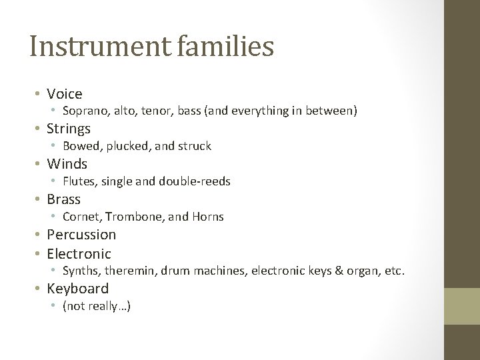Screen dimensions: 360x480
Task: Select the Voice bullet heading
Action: tap(65, 94)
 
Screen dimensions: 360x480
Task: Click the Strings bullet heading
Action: tap(69, 129)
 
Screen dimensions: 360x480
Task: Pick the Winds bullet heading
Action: tap(67, 164)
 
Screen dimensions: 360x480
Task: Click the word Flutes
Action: tap(78, 181)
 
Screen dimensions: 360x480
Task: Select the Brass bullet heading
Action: tap(63, 199)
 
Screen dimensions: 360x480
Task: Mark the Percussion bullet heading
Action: tap(81, 235)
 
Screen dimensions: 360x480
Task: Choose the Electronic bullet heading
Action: tap(79, 254)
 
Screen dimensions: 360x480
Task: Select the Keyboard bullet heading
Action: tap(77, 289)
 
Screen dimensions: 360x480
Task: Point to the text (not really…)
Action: tap(96, 307)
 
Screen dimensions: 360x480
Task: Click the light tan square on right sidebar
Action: tap(462, 306)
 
